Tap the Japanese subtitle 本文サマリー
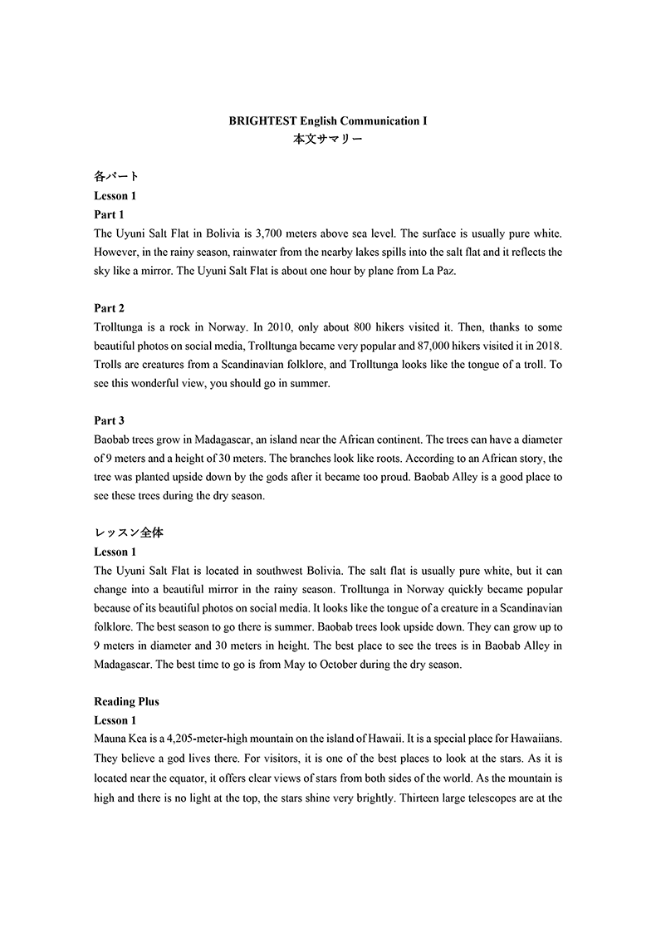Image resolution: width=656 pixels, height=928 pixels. pos(327,140)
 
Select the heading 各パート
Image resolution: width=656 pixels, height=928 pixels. pos(116,177)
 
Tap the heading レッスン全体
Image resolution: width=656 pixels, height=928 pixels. pos(129,533)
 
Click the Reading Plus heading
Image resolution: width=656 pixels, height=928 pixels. pos(126,701)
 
